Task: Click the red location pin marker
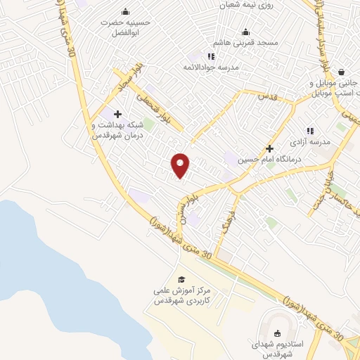181,165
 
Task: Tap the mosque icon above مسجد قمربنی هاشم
245,32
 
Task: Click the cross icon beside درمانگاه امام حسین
269,148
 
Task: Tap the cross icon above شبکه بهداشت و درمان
117,114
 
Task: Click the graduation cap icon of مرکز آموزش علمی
181,280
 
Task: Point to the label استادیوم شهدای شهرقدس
276,349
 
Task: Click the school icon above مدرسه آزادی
309,131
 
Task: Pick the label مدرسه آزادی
309,143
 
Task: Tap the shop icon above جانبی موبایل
340,72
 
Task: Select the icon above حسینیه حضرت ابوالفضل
125,11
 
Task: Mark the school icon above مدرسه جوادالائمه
210,56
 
